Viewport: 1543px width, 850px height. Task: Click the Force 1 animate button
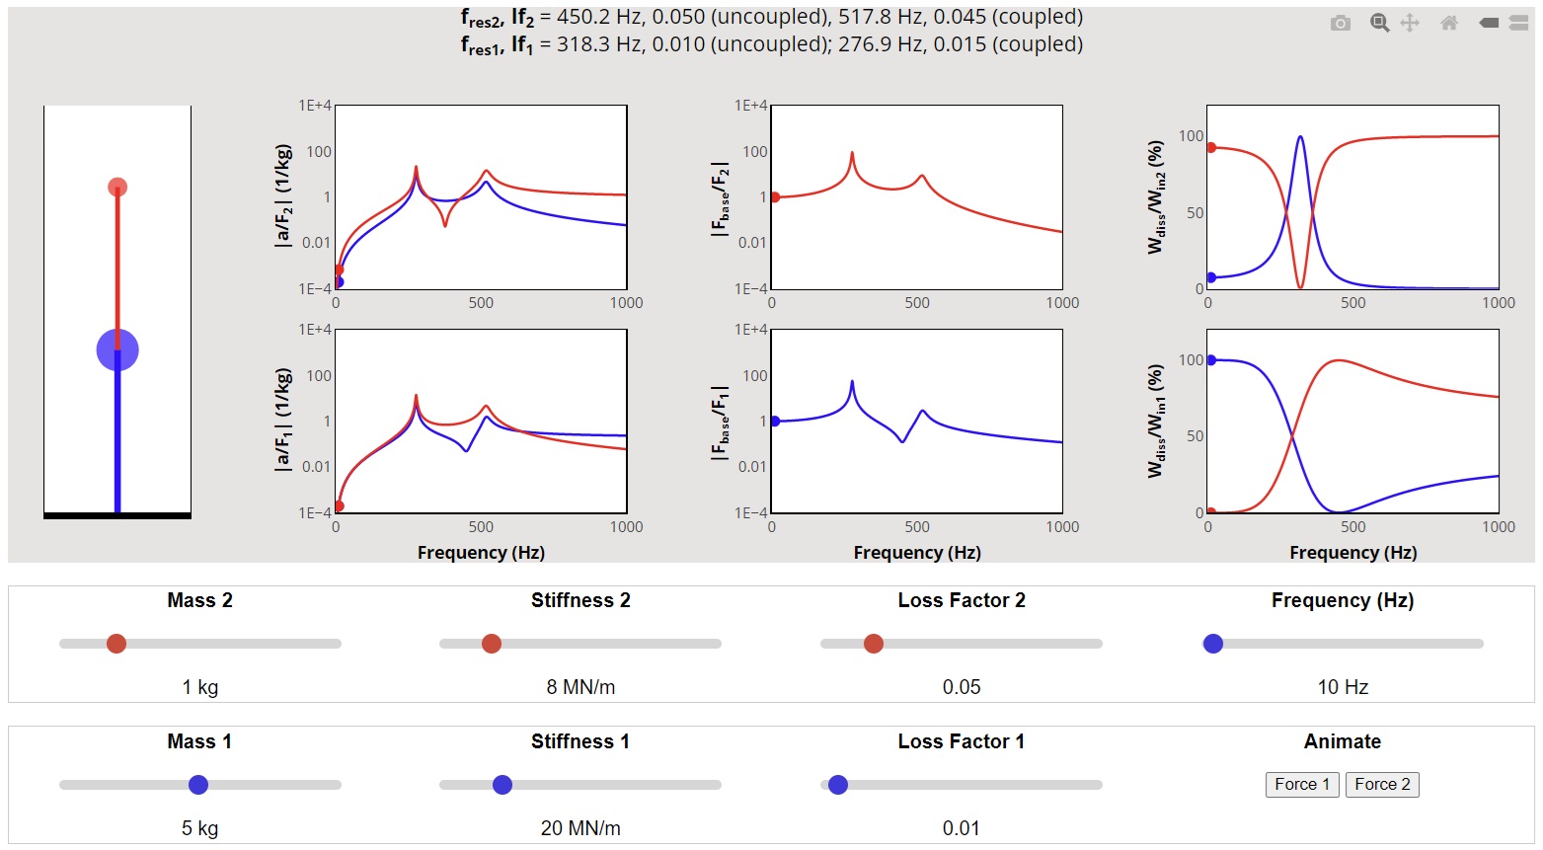coord(1301,784)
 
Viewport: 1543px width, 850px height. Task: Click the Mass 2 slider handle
coord(116,644)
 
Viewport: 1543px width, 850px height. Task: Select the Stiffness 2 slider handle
coord(492,644)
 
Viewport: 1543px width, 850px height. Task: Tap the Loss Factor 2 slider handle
coord(874,644)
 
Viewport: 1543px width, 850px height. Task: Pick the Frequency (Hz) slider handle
coord(1213,644)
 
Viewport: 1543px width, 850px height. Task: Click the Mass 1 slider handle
coord(198,785)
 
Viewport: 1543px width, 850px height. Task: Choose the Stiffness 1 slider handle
coord(502,785)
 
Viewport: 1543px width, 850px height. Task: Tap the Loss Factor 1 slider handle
coord(838,785)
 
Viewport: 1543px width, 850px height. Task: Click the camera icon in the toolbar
coord(1340,23)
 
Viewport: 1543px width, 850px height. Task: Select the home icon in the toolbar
coord(1449,23)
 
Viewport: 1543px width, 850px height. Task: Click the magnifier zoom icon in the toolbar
coord(1379,23)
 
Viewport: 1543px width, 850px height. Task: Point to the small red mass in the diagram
coord(117,188)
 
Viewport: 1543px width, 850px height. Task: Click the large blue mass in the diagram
coord(117,349)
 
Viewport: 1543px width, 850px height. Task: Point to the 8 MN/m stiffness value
coord(580,687)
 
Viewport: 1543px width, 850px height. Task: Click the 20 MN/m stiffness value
coord(580,828)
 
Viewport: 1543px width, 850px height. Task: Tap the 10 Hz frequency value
coord(1343,687)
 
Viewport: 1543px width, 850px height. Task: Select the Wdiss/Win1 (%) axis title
coord(1155,421)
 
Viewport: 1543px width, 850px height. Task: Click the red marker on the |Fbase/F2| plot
coord(775,197)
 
